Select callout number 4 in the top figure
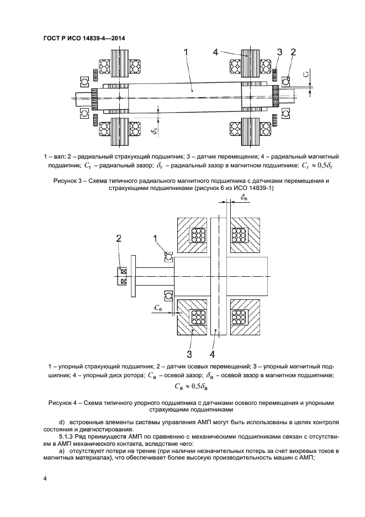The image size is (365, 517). (215, 52)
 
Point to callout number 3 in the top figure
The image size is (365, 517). (279, 52)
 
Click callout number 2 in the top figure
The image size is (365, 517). (293, 52)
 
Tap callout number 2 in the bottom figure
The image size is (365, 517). (118, 238)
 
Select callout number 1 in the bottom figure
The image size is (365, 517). (156, 238)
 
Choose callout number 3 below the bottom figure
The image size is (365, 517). (189, 353)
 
